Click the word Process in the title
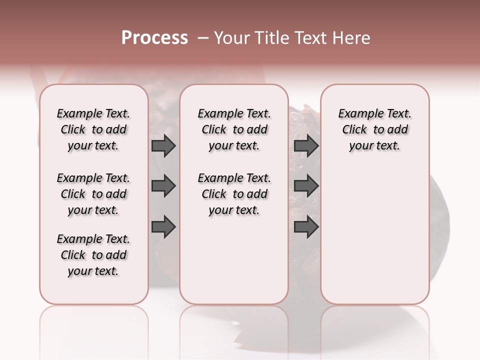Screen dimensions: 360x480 [154, 38]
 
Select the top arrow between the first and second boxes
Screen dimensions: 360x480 [163, 146]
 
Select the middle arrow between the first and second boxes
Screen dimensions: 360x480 [163, 186]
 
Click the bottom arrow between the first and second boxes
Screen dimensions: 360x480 [163, 227]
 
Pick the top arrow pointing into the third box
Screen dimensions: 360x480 [306, 146]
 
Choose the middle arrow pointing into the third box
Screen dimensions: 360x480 [306, 186]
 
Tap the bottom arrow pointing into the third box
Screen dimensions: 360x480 [306, 227]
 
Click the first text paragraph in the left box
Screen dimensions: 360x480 [93, 129]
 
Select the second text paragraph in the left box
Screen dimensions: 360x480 [93, 194]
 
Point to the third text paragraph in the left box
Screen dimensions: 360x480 [93, 255]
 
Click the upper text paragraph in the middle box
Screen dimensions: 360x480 [234, 129]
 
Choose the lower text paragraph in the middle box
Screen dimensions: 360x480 [234, 194]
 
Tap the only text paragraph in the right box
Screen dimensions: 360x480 [375, 129]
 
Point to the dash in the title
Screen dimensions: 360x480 [203, 38]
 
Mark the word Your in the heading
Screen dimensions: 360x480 [232, 38]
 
